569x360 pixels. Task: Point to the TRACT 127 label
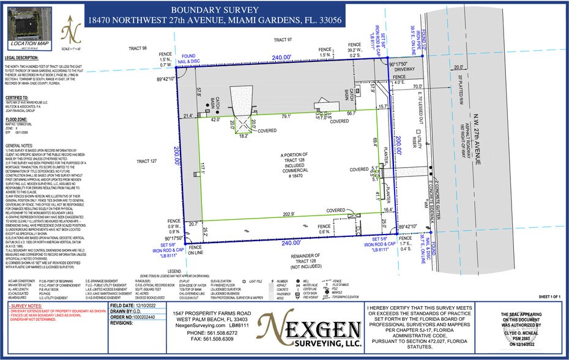138,162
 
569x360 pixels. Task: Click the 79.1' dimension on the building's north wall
286,116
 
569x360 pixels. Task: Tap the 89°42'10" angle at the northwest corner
165,79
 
